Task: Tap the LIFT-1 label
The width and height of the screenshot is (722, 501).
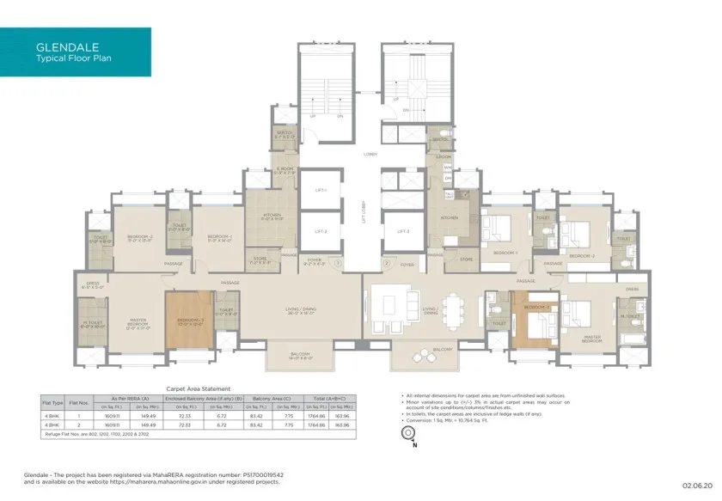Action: coord(320,189)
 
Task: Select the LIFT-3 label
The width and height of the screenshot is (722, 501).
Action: coord(402,231)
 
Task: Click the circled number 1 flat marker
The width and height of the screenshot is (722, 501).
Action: coord(339,263)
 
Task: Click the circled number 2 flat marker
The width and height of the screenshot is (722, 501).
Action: coord(387,263)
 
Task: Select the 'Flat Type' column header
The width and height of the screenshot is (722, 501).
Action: coord(52,401)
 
